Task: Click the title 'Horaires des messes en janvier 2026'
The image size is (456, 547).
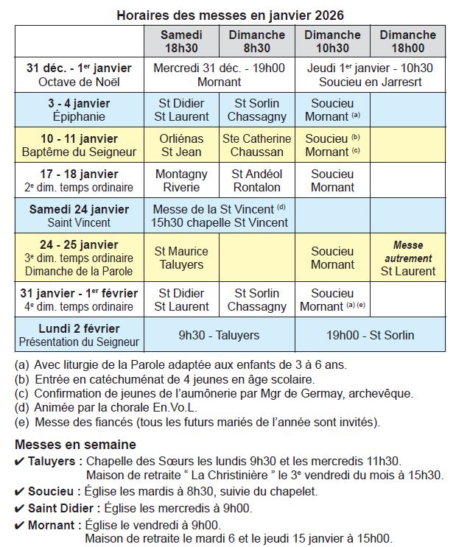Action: [x=230, y=15]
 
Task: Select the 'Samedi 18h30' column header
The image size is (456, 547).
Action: [x=181, y=41]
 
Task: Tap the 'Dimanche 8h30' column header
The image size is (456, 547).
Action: [x=256, y=41]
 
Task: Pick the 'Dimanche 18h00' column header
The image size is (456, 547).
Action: [x=407, y=41]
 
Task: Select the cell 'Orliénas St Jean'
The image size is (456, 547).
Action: [x=181, y=145]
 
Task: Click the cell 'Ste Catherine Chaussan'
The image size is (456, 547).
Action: [x=256, y=145]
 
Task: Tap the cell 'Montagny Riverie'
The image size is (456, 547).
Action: [x=181, y=180]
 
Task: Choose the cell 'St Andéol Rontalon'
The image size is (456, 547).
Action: [x=256, y=180]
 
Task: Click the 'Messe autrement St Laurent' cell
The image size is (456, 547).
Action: [x=407, y=258]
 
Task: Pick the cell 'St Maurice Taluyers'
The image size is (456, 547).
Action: [x=181, y=258]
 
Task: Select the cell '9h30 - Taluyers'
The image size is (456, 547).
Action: [x=219, y=335]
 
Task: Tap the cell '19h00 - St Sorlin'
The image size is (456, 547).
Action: [x=370, y=335]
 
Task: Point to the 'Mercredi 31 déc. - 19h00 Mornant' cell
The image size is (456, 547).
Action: [x=219, y=74]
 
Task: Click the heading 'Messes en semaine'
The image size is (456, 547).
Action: [x=75, y=444]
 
